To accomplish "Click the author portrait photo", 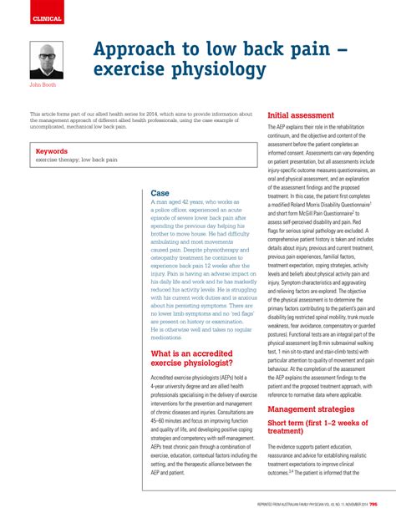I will click(47, 59).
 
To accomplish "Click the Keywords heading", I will click(52, 151).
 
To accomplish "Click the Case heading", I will click(160, 193).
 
